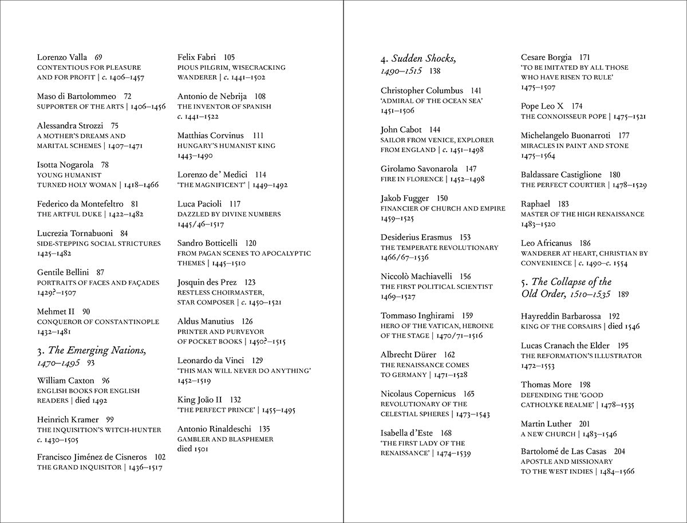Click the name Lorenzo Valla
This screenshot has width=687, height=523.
(62, 57)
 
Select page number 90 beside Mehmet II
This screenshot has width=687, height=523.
(86, 311)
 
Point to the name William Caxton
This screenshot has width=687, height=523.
(65, 381)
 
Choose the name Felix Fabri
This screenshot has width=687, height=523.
(199, 57)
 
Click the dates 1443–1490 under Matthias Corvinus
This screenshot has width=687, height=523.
(195, 156)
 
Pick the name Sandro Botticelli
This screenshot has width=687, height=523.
(207, 243)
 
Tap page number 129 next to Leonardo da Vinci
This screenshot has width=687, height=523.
(257, 360)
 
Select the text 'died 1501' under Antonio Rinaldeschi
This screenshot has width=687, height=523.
(193, 449)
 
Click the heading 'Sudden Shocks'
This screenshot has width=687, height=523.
(424, 58)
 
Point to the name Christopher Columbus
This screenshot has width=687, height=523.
(422, 90)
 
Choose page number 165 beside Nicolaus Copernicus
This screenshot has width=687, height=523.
(469, 394)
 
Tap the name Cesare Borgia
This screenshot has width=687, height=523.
(546, 57)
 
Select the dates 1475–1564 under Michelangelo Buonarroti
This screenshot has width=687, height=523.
(538, 156)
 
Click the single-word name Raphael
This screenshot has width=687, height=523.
(536, 204)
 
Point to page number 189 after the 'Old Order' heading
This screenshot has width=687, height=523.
(623, 295)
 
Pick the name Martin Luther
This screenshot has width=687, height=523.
(546, 423)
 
